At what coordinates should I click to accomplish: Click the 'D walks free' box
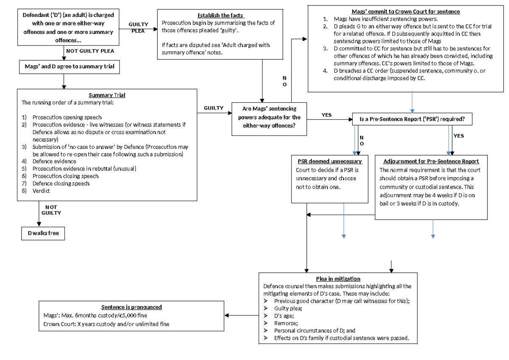click(x=43, y=233)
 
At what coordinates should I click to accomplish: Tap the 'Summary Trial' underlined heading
click(x=107, y=95)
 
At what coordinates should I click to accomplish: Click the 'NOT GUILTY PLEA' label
click(x=90, y=51)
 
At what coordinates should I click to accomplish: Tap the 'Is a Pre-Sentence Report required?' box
click(x=412, y=120)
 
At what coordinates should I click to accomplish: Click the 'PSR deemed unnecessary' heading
click(x=329, y=162)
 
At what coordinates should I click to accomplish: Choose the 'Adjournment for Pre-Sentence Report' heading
click(x=431, y=162)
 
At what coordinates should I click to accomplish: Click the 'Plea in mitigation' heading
click(x=338, y=279)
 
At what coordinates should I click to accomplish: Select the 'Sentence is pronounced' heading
click(x=131, y=307)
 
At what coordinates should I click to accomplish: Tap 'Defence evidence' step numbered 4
click(x=54, y=161)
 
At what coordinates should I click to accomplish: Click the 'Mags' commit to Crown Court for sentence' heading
click(x=406, y=11)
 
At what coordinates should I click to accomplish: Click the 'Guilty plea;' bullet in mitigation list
click(x=288, y=308)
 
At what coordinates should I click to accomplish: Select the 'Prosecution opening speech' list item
click(x=67, y=117)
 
